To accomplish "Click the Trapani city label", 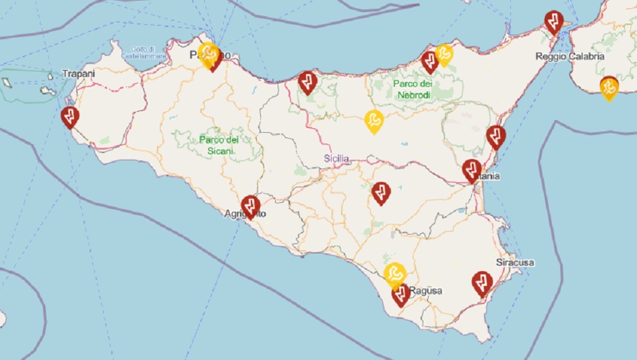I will tap(78, 73).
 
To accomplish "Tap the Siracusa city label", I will tap(515, 262).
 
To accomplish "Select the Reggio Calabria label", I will tap(570, 57).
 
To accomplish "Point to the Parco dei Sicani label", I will tap(219, 145).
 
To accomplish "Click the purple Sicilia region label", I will tap(336, 158).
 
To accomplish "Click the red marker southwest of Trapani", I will tap(69, 117).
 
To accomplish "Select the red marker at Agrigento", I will tap(251, 206).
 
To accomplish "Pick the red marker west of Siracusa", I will tap(481, 282).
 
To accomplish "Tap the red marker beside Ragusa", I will tap(401, 294).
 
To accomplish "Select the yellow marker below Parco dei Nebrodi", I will tap(373, 121).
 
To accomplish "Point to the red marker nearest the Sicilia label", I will tap(382, 192).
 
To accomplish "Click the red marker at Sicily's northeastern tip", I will tap(553, 22).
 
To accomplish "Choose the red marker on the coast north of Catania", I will tap(496, 137).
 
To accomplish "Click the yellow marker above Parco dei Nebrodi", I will tap(444, 53).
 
